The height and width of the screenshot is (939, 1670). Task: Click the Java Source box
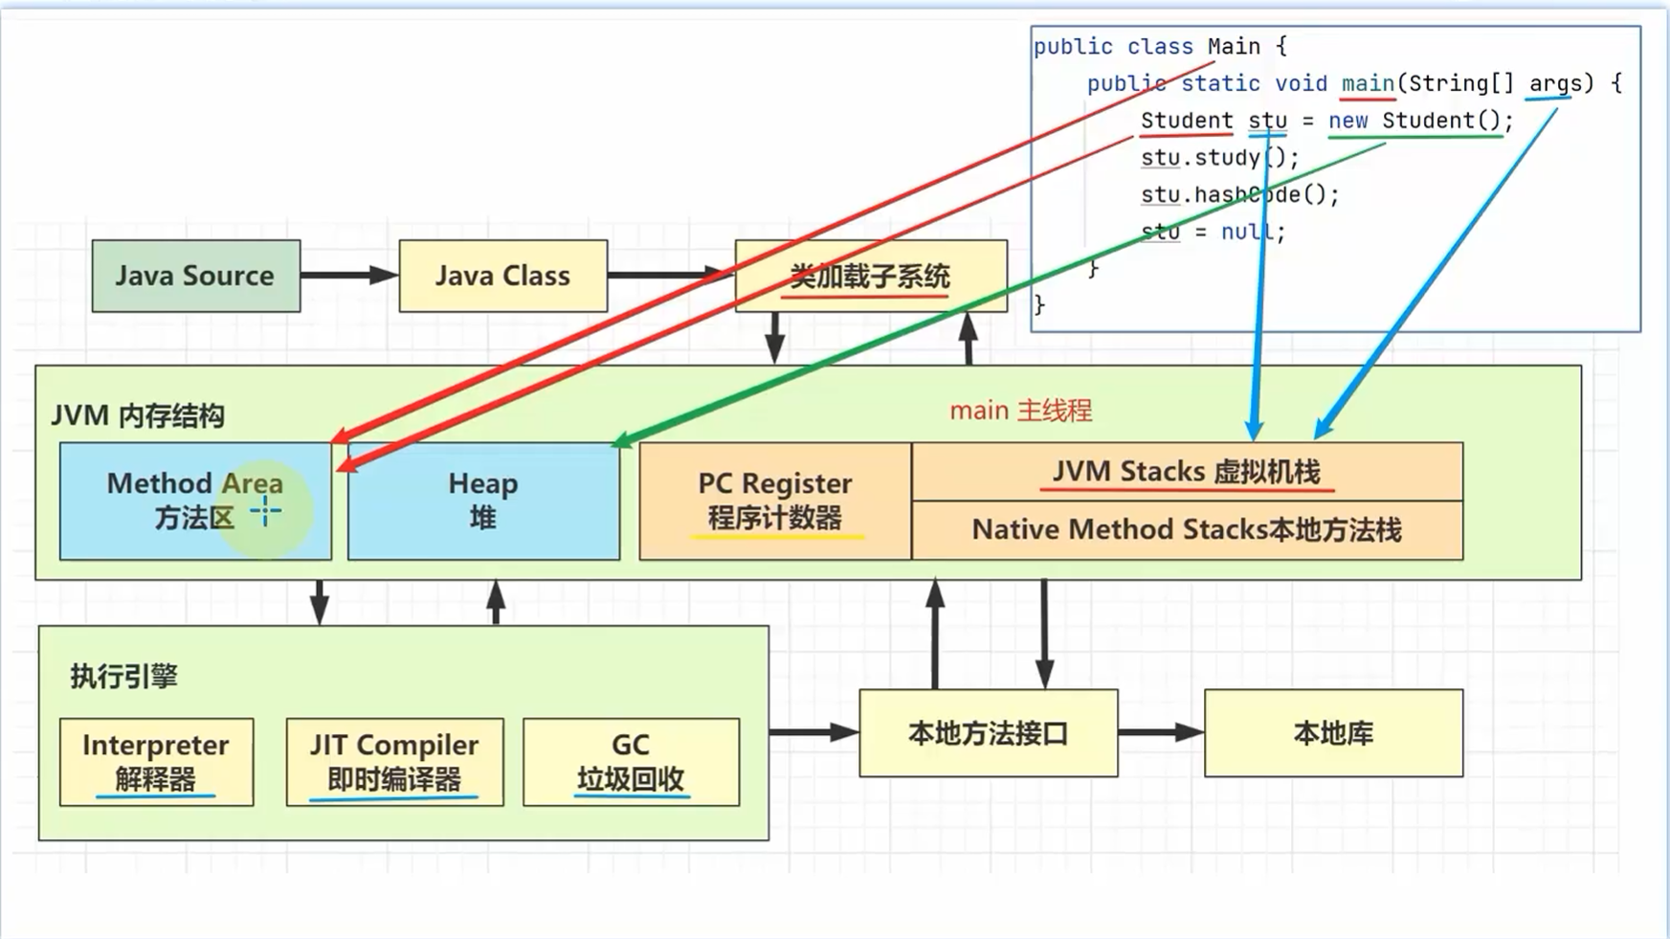(195, 276)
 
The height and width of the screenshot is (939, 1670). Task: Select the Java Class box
(502, 276)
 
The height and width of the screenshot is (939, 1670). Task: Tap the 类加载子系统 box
(870, 276)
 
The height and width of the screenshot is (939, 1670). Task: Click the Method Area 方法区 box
(194, 501)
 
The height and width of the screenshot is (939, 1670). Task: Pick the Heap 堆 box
(483, 501)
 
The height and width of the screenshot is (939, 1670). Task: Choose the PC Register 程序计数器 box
(774, 501)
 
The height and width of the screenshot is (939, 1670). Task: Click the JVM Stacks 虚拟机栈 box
(1187, 471)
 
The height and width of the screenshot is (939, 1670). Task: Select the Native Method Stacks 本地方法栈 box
(1187, 530)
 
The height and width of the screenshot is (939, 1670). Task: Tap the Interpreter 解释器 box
(156, 762)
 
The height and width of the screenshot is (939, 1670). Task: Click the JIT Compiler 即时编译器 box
(394, 762)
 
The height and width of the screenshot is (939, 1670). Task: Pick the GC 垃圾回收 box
(631, 762)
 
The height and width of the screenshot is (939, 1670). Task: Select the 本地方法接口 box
(988, 733)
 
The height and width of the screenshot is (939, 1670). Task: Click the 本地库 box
(1333, 733)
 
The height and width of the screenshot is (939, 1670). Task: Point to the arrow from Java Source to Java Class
(349, 276)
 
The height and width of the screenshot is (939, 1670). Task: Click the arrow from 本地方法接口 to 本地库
(1160, 733)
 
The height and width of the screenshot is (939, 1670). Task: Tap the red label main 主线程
(1020, 411)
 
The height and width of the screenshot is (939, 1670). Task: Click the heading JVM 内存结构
(138, 416)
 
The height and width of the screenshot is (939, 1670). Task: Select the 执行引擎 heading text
(123, 677)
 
